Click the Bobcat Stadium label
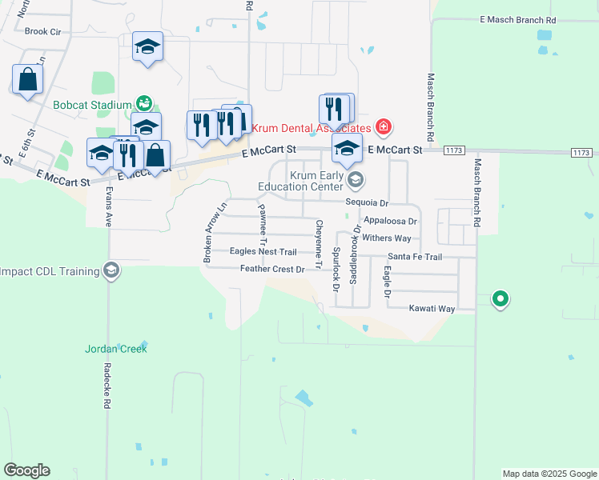[x=91, y=105]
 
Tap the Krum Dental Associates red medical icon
[x=384, y=127]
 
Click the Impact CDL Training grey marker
[x=111, y=271]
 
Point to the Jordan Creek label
[x=116, y=349]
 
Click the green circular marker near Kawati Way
[x=501, y=300]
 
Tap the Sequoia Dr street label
[x=367, y=203]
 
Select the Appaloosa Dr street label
[x=390, y=221]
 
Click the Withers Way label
[x=386, y=238]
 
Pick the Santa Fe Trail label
[x=415, y=257]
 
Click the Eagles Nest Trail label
[x=263, y=251]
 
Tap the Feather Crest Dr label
[x=272, y=270]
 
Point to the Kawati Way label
[x=432, y=308]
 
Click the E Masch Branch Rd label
[x=517, y=19]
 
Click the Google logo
[x=26, y=470]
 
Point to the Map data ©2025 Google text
[x=549, y=474]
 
